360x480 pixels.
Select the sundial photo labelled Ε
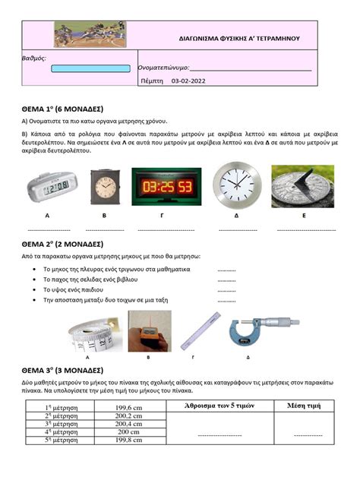(302, 186)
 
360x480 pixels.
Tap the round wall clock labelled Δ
(236, 186)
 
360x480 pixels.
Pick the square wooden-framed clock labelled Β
(106, 187)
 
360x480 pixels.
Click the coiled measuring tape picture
(91, 332)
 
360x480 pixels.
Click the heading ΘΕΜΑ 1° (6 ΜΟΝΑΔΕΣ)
(62, 109)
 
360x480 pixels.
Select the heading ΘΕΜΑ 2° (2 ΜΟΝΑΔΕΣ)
(62, 245)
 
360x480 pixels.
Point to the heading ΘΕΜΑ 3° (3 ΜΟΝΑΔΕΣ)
(62, 370)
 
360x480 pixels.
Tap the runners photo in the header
(90, 34)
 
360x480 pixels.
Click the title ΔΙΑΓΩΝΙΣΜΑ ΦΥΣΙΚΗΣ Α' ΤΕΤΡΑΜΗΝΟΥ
(239, 37)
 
